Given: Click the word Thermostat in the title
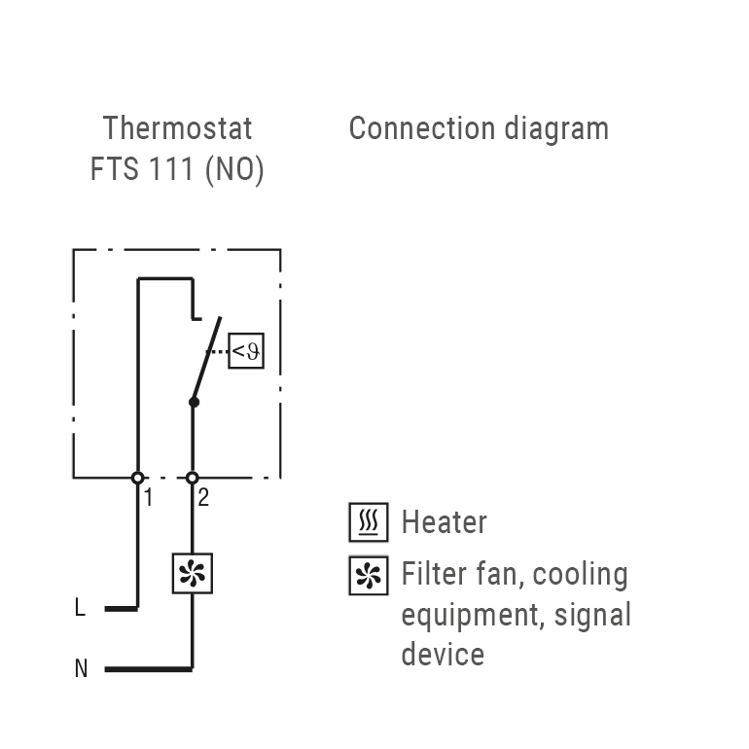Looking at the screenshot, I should (x=177, y=128).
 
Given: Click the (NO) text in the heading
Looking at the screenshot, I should (x=234, y=169).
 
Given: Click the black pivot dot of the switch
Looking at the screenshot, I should (x=194, y=401).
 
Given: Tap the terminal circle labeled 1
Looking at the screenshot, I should (x=137, y=478).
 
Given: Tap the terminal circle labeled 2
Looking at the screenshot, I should (x=192, y=478).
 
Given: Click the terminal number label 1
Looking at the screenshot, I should (x=148, y=498).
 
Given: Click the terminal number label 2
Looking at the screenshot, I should (x=202, y=498).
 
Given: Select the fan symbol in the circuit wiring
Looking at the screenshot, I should (x=192, y=573).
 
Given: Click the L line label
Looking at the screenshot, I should (x=80, y=609).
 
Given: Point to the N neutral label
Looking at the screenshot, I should (x=81, y=669).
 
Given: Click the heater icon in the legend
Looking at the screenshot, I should (x=368, y=523).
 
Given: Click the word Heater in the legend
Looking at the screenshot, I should (x=444, y=523).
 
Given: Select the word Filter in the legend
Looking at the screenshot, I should (x=432, y=574).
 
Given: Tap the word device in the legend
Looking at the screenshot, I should (x=443, y=654).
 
